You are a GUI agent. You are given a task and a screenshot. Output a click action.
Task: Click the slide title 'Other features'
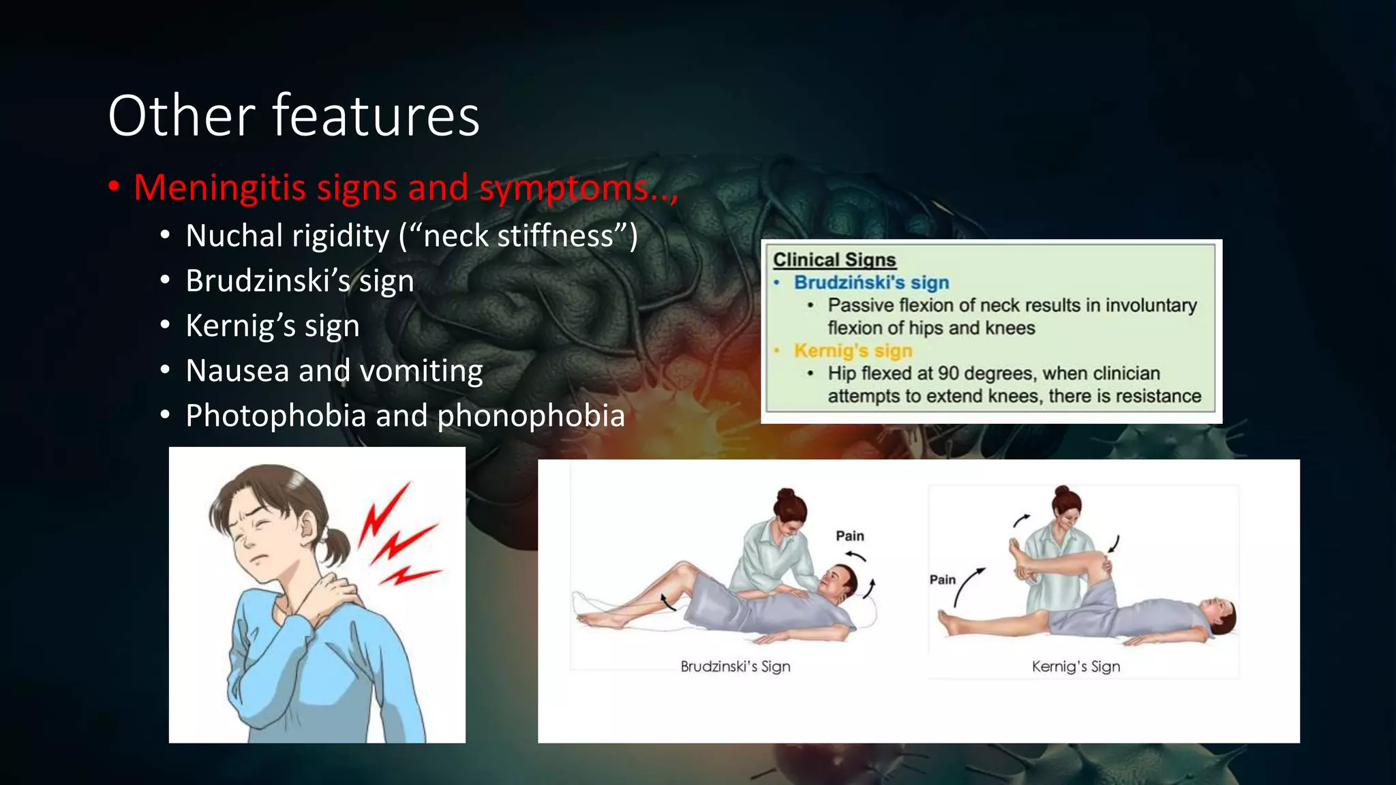294,116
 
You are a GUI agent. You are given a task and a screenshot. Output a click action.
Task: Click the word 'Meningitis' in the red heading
219,187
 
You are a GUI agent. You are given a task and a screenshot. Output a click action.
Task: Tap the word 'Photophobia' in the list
275,416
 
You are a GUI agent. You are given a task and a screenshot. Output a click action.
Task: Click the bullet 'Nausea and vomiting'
334,371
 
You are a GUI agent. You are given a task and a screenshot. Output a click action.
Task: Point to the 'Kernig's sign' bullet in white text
273,326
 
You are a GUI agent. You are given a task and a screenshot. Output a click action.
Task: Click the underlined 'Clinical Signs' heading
834,260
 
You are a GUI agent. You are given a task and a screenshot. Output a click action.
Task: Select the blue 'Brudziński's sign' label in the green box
871,282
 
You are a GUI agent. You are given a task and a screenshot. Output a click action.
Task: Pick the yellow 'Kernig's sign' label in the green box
853,350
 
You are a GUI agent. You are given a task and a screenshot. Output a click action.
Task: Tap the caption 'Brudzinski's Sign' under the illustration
735,666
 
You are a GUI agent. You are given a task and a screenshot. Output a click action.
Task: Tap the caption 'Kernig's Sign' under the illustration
1076,666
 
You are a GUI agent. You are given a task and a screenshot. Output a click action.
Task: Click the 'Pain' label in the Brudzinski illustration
850,536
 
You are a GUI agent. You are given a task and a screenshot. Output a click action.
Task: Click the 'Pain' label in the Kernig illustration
943,580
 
